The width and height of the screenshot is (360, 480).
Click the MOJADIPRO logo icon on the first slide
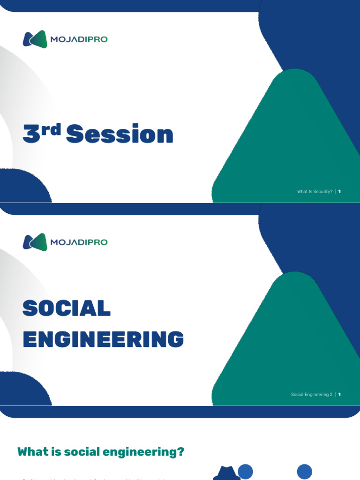tap(35, 39)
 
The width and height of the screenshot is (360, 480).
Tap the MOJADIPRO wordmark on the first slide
tap(78, 39)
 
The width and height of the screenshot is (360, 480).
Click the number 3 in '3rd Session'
tap(31, 134)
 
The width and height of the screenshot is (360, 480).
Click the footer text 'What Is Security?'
tap(315, 192)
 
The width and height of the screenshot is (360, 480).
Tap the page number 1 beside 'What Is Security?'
tap(339, 192)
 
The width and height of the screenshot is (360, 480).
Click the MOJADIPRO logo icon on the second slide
tap(35, 242)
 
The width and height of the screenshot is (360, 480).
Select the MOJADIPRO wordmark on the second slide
tap(78, 242)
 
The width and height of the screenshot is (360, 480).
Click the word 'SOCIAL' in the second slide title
tap(67, 308)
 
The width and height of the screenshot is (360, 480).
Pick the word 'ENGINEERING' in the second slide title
tap(103, 339)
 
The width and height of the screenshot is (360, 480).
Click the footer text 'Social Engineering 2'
tap(311, 395)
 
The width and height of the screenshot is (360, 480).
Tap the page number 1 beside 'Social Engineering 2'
tap(339, 395)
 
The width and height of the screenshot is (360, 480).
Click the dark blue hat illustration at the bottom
tap(227, 473)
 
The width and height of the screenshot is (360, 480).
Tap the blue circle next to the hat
tap(245, 472)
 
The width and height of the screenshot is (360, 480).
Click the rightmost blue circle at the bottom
tap(305, 472)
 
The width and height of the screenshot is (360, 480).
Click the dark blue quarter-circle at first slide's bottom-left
tap(21, 187)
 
